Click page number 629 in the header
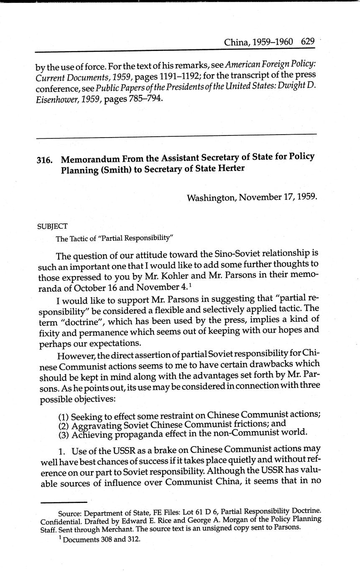pyautogui.click(x=307, y=42)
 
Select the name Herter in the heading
pyautogui.click(x=230, y=169)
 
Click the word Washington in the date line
pyautogui.click(x=211, y=197)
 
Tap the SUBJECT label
pyautogui.click(x=52, y=226)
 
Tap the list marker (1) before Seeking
pyautogui.click(x=64, y=416)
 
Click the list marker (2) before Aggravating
pyautogui.click(x=64, y=426)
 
